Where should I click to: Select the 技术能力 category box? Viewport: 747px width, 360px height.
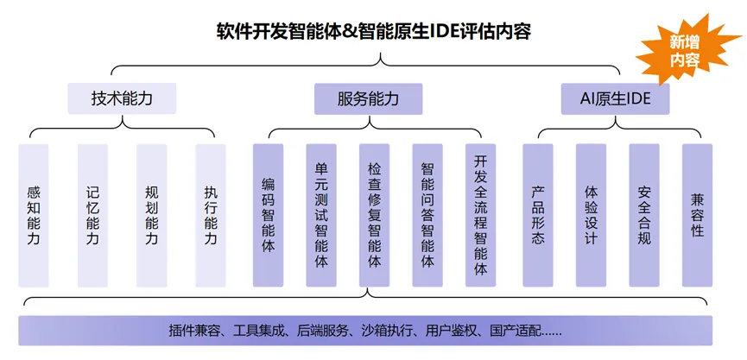(x=122, y=98)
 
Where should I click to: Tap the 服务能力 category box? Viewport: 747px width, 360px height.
(x=368, y=98)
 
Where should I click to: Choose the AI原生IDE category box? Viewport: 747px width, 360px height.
(x=614, y=98)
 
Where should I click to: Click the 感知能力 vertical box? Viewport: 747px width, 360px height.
(x=34, y=215)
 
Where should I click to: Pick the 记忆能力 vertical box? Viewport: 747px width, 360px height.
(x=92, y=215)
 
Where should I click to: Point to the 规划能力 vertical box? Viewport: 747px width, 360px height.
(x=151, y=215)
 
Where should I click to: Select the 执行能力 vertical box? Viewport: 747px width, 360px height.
(x=210, y=215)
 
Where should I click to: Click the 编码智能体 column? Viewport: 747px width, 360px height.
(x=268, y=215)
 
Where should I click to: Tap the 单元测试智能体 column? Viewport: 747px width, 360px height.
(x=321, y=215)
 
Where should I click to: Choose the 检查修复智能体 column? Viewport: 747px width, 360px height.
(x=374, y=215)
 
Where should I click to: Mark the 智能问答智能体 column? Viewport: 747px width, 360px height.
(x=427, y=215)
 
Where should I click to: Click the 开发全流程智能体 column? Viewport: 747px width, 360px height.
(x=480, y=215)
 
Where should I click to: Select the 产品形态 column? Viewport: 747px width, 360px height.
(x=538, y=215)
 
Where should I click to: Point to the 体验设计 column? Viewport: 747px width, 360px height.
(x=591, y=215)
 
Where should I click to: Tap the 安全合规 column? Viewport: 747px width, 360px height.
(x=644, y=215)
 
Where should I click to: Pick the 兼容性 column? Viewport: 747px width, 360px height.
(x=697, y=215)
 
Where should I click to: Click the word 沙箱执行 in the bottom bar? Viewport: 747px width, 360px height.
(x=389, y=330)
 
